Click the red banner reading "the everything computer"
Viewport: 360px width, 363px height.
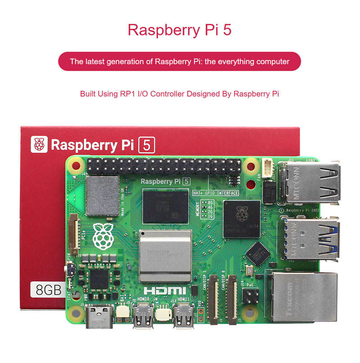tap(180, 61)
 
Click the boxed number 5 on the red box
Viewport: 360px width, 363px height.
tap(146, 145)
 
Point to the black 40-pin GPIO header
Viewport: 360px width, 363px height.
tap(164, 167)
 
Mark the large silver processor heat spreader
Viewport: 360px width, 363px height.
tap(162, 256)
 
